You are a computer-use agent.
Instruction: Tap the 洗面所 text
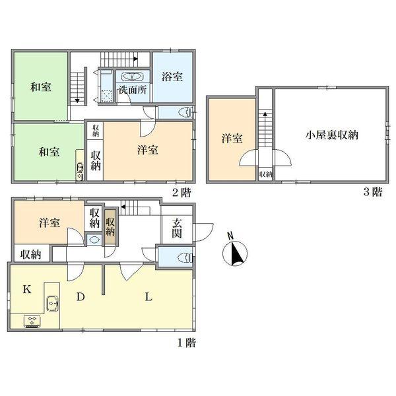pyautogui.click(x=132, y=90)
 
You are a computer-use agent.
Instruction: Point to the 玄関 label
pyautogui.click(x=178, y=228)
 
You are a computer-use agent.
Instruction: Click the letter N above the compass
pyautogui.click(x=229, y=235)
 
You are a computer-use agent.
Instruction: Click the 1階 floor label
pyautogui.click(x=186, y=343)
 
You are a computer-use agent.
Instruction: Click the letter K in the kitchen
pyautogui.click(x=27, y=289)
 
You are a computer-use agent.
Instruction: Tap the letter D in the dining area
pyautogui.click(x=79, y=298)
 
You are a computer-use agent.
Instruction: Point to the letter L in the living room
pyautogui.click(x=148, y=297)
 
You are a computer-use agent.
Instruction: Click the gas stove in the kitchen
pyautogui.click(x=32, y=321)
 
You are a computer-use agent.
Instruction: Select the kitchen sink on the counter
pyautogui.click(x=52, y=304)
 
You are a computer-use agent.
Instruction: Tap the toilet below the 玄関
pyautogui.click(x=185, y=256)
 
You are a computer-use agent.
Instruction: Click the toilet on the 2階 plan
pyautogui.click(x=185, y=111)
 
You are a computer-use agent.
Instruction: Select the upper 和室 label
pyautogui.click(x=41, y=86)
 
